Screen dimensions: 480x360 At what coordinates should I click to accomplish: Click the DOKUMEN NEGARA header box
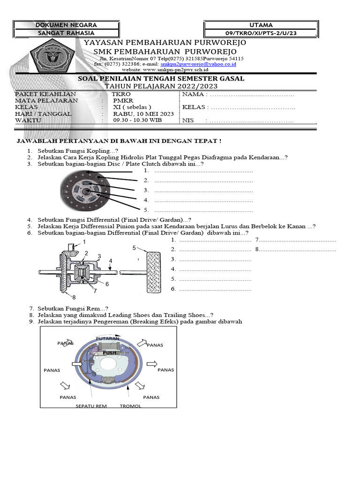point(66,25)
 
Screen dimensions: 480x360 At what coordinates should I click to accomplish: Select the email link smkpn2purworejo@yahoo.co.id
point(198,63)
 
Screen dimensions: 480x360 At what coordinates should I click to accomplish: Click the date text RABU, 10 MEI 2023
point(143,113)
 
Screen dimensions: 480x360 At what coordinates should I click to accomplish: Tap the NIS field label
point(187,120)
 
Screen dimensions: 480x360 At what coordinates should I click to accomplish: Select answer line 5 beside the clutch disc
point(203,210)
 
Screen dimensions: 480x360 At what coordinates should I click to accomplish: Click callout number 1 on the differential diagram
point(85,241)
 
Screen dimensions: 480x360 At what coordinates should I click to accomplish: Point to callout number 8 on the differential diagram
point(74,297)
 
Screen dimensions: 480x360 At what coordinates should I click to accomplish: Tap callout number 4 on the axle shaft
point(111,260)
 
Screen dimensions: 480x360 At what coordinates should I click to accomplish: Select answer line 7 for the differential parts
point(296,240)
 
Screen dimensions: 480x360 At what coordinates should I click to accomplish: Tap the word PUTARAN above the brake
point(108,338)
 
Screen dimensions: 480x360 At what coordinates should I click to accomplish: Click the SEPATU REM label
point(91,406)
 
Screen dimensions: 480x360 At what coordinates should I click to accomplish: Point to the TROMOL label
point(130,406)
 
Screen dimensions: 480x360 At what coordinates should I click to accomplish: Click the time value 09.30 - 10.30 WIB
point(137,120)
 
